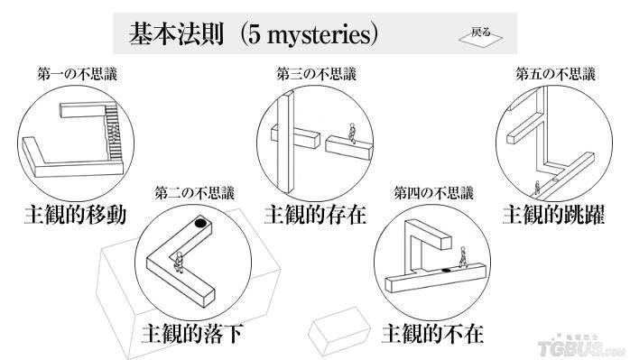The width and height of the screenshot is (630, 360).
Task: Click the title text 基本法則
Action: pos(176,33)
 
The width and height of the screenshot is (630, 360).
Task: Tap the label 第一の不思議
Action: pos(77,74)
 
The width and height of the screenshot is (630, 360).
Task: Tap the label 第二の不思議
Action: pos(194,193)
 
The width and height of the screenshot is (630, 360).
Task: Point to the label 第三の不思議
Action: pos(316,74)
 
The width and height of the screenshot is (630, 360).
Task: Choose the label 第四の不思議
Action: pos(434,193)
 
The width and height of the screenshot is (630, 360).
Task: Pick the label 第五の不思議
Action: pos(555,74)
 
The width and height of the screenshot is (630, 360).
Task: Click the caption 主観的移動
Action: pos(76,215)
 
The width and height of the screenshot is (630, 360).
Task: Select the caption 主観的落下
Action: pos(193,334)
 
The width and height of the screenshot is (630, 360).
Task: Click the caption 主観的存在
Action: pos(315,215)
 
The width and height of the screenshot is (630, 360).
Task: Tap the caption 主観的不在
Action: pos(432,334)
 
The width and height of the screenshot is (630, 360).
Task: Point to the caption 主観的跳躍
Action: pos(553,215)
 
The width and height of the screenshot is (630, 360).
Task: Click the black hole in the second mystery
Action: pos(201,222)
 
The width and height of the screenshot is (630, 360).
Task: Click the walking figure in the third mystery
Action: pos(352,133)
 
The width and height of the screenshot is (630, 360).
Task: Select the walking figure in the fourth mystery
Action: pos(462,257)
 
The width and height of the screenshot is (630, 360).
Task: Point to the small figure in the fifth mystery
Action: pos(537,188)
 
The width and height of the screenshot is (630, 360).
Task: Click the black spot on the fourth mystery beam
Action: pos(446,270)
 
